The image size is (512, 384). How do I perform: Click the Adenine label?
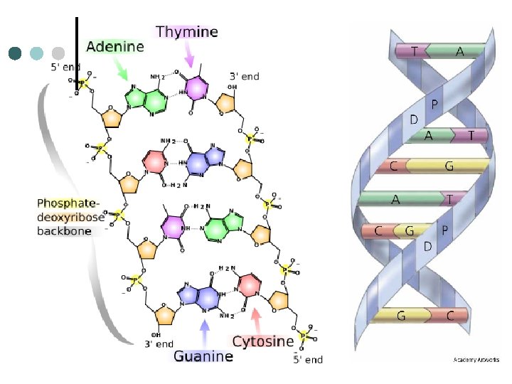[x=115, y=47]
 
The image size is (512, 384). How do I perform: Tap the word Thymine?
[x=187, y=31]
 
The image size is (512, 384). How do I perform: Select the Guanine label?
[x=203, y=356]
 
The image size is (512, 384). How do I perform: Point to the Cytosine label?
[x=263, y=341]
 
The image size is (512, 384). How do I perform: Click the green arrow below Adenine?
[x=120, y=69]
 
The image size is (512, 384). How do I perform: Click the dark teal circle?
[x=15, y=53]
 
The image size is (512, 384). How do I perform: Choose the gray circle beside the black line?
[x=58, y=53]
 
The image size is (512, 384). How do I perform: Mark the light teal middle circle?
[x=37, y=53]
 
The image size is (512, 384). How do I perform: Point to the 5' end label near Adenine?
[x=65, y=68]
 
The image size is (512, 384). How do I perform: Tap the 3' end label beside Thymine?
[x=244, y=75]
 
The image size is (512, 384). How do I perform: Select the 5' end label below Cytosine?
[x=308, y=360]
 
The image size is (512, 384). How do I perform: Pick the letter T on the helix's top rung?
[x=415, y=51]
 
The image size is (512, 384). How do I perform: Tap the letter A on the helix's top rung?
[x=460, y=51]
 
